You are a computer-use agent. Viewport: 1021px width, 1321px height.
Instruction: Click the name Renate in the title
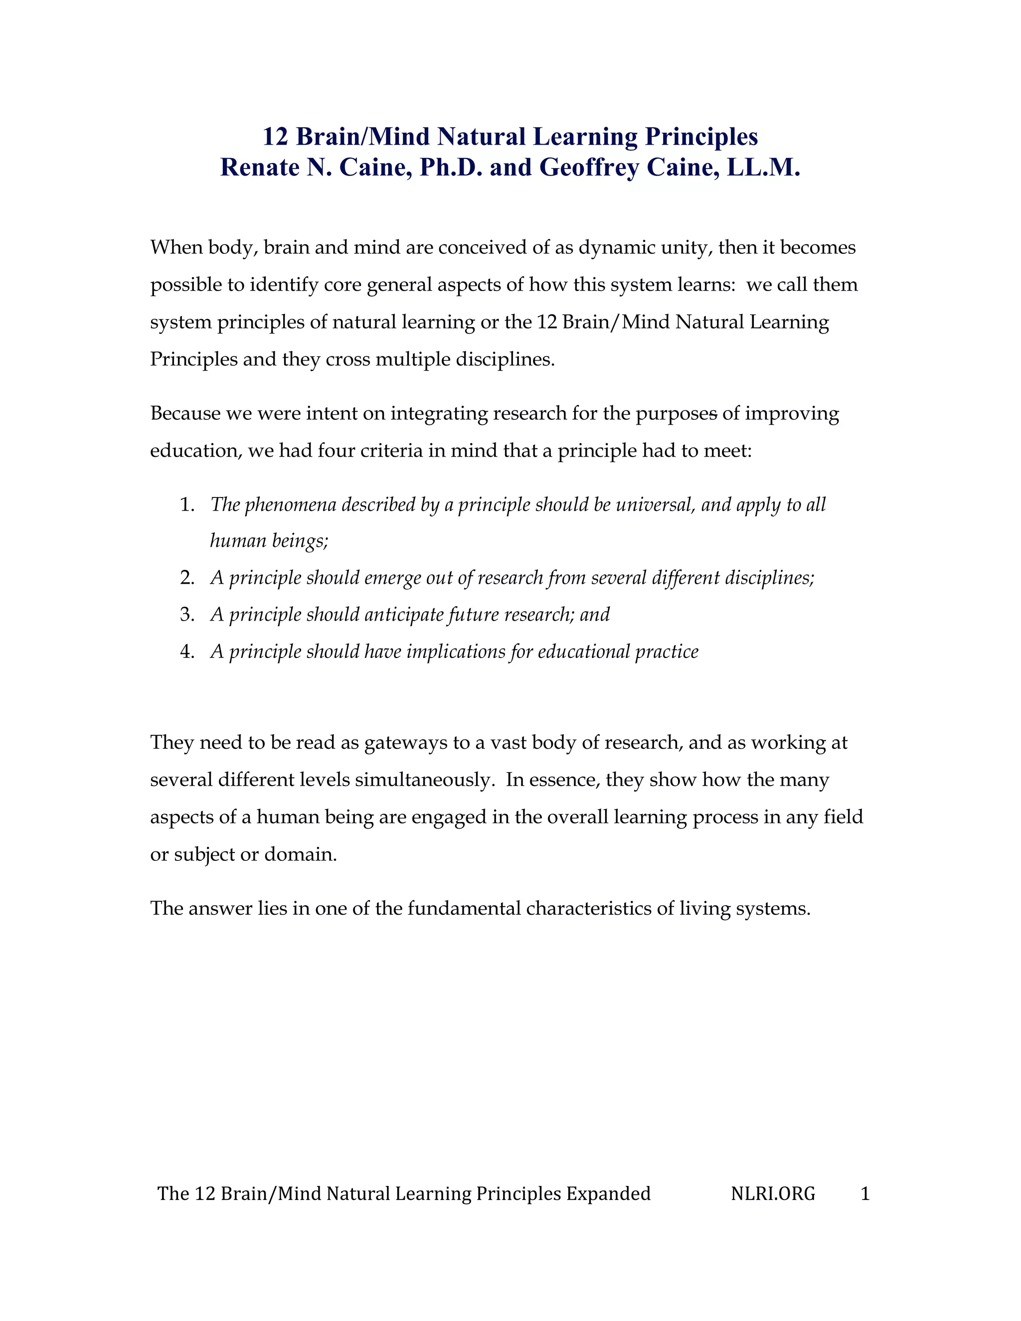tap(258, 167)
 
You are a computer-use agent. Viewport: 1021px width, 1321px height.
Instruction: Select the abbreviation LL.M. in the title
tap(764, 167)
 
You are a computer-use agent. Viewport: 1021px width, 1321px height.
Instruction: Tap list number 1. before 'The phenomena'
tap(187, 505)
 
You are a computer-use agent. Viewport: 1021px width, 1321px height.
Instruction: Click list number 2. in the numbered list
tap(187, 578)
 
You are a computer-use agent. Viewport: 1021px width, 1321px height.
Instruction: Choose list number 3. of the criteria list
tap(187, 615)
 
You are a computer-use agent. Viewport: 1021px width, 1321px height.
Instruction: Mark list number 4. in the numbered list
tap(187, 652)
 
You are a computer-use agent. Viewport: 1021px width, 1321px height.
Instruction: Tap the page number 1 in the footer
tap(865, 1193)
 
